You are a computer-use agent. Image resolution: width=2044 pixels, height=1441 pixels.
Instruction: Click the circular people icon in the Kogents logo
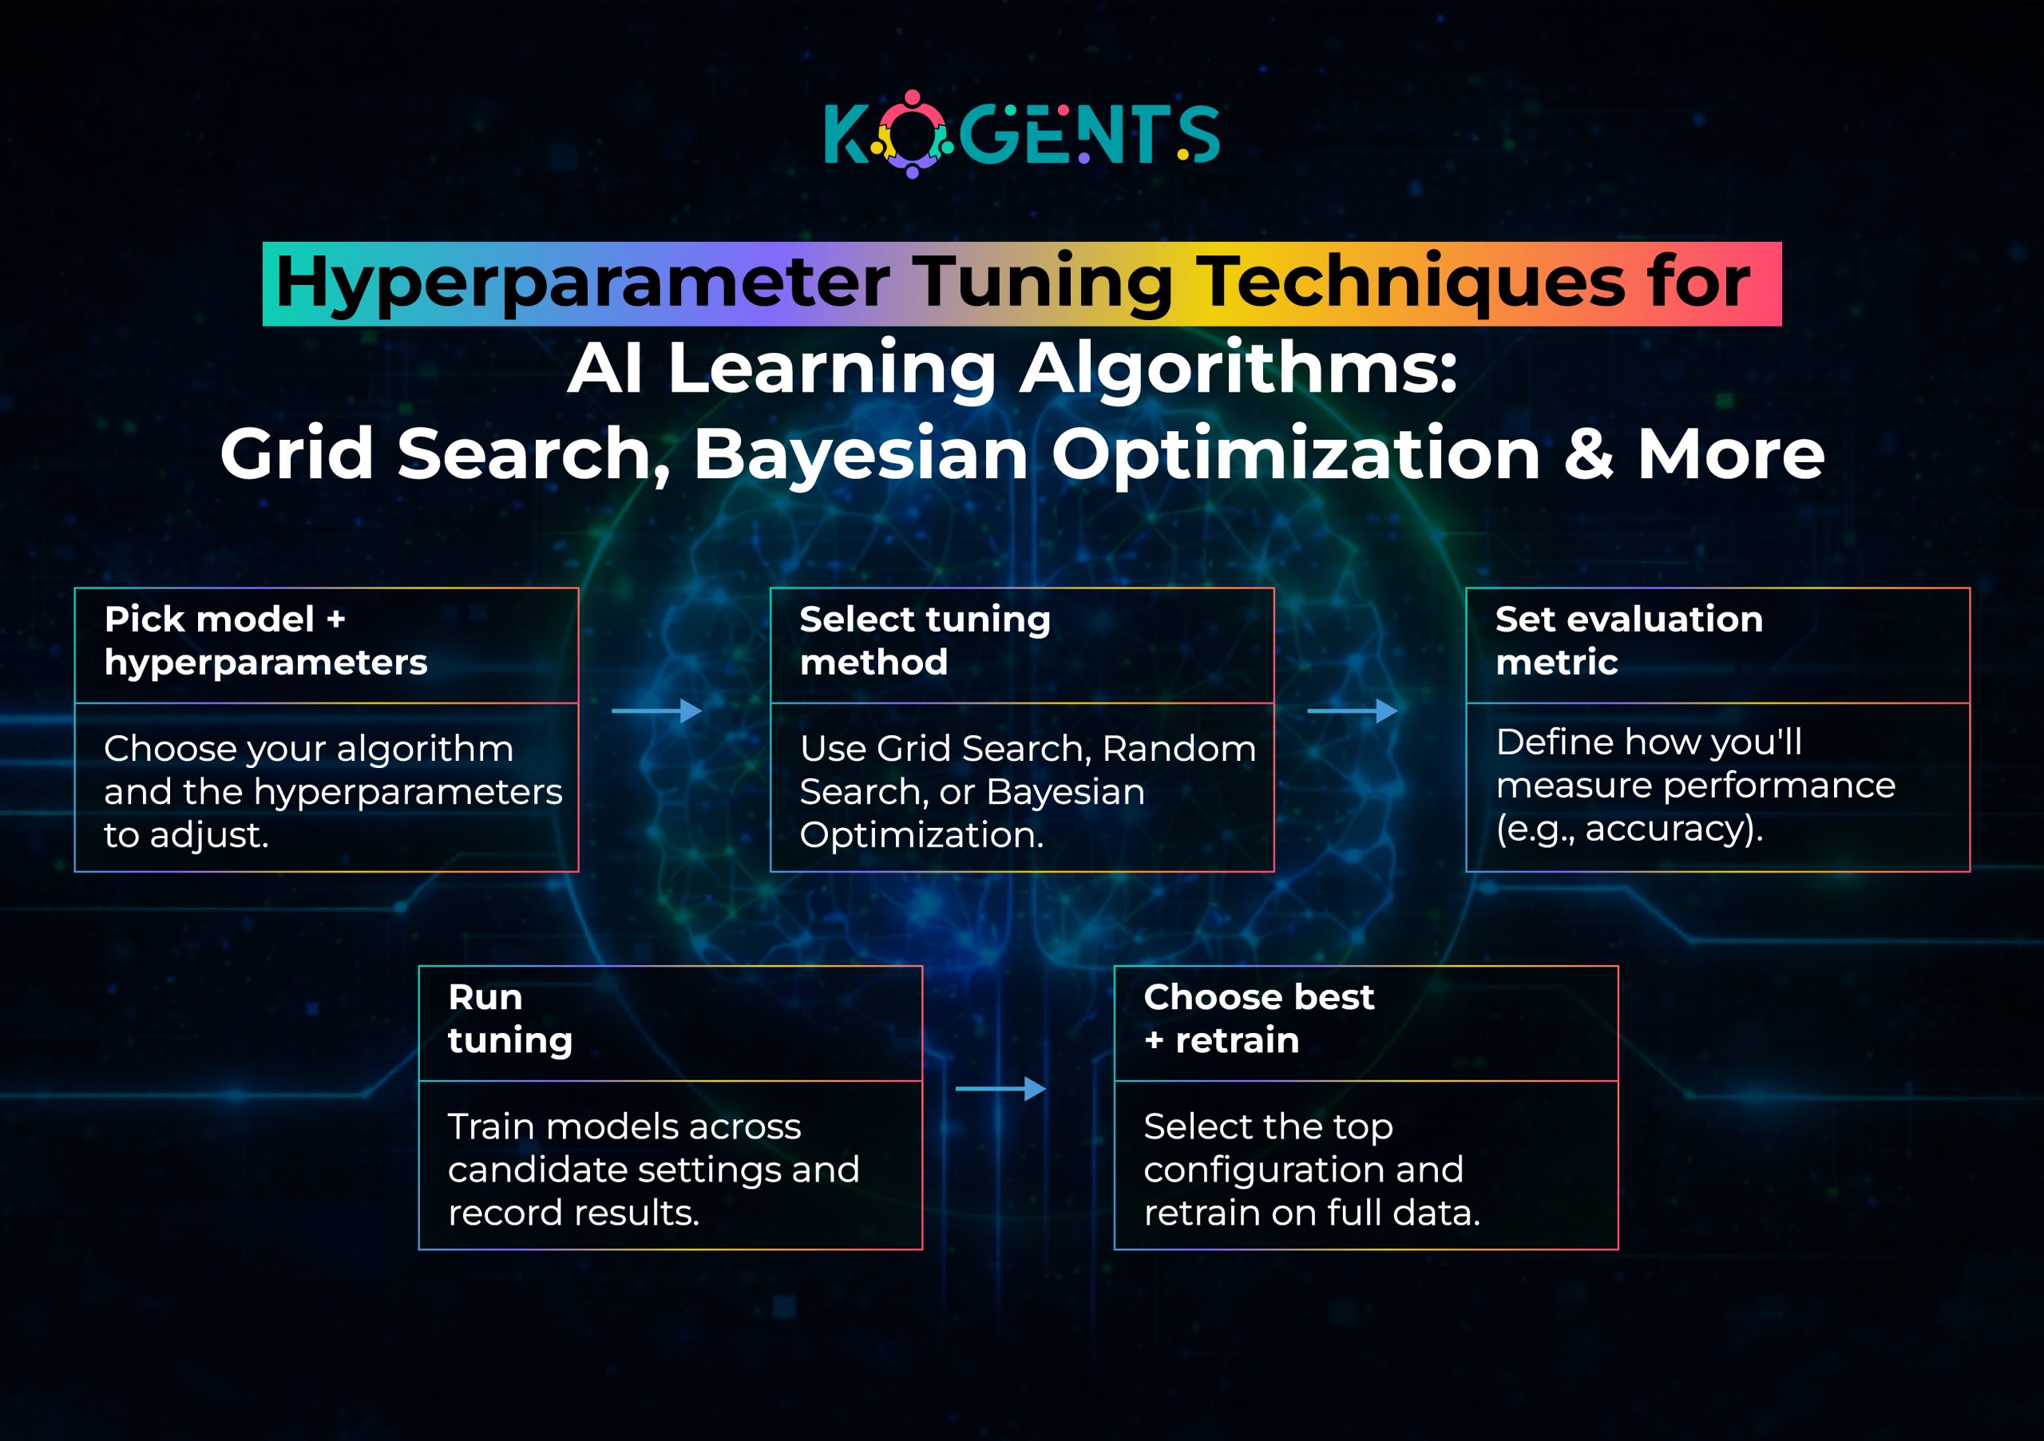[x=912, y=134]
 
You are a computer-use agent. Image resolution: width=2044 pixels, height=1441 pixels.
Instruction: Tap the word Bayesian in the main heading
[x=861, y=454]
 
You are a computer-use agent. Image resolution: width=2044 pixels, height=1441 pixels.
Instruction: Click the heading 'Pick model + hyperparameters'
[x=265, y=640]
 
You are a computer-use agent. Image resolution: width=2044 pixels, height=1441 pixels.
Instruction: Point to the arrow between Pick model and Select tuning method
[x=657, y=711]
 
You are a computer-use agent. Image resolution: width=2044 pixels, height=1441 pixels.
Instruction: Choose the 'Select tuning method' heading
[x=924, y=640]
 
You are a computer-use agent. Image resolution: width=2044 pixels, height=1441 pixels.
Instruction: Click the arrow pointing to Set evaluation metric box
[x=1352, y=711]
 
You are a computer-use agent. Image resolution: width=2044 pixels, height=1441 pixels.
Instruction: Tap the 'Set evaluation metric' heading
[x=1628, y=640]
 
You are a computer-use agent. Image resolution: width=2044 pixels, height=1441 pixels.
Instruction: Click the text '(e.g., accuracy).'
[x=1628, y=829]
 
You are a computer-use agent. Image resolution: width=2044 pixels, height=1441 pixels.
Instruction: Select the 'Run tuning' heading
[x=509, y=1018]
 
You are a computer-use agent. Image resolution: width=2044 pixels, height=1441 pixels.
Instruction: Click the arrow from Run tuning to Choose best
[x=1000, y=1089]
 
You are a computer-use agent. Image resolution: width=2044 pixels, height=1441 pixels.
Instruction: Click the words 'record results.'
[x=573, y=1212]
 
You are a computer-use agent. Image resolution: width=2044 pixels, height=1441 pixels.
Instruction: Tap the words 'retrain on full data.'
[x=1311, y=1212]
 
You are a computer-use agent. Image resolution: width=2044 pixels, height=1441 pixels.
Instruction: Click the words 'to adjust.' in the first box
[x=186, y=835]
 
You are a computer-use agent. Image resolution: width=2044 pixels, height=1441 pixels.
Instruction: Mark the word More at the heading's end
[x=1731, y=454]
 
